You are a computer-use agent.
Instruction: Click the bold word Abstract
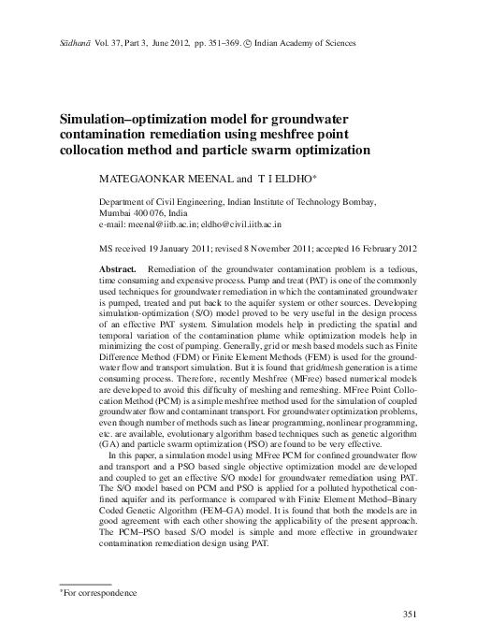119,268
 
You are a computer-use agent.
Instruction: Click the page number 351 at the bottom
407,613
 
